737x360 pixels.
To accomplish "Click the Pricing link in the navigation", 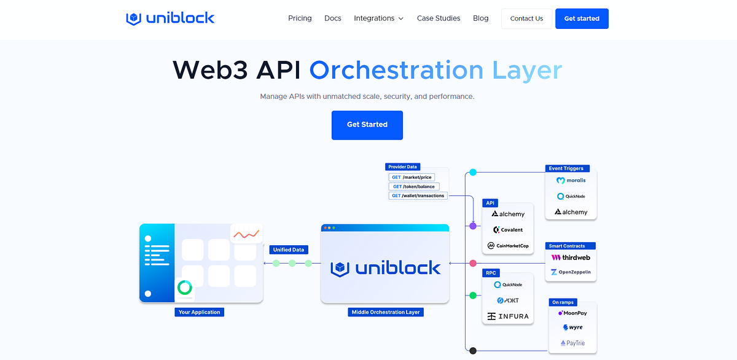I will (x=300, y=18).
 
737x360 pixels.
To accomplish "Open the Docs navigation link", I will (x=333, y=18).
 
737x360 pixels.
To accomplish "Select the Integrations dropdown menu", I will (x=378, y=18).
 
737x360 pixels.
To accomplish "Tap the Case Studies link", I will (x=439, y=18).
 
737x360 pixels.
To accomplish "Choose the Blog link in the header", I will (x=481, y=18).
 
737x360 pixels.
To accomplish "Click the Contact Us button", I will (x=526, y=18).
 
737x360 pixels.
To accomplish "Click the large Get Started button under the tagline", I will (x=367, y=125).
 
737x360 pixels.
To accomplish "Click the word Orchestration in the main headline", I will (x=397, y=70).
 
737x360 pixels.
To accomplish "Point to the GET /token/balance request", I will (x=412, y=187).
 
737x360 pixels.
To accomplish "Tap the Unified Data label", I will (x=288, y=249).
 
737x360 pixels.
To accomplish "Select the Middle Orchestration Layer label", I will (x=385, y=312).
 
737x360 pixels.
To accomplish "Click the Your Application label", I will (x=198, y=312).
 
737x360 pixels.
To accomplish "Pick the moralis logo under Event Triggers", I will (x=571, y=181).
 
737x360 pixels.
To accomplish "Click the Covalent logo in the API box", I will (x=507, y=230).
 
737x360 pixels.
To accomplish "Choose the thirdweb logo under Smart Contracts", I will (x=571, y=258).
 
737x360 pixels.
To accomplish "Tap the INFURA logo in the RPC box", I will (x=507, y=316).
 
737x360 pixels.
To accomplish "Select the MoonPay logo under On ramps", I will (x=572, y=313).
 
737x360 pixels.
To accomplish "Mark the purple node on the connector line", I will (x=473, y=226).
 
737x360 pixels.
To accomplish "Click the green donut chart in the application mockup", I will (x=184, y=287).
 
